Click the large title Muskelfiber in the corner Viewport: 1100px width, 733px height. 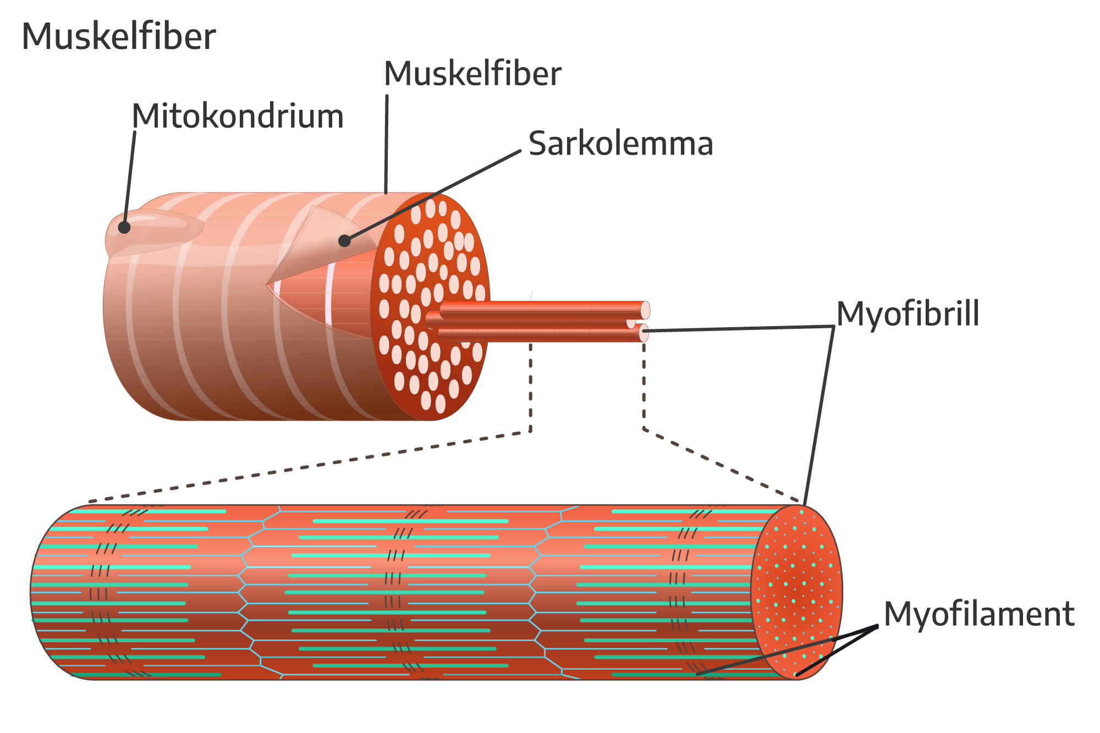coord(118,37)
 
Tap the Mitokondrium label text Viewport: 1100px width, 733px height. coord(238,117)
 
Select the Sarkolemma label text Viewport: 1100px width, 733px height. coord(620,144)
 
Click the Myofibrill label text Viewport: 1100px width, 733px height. coord(908,314)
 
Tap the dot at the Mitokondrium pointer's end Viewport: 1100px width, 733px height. coord(124,227)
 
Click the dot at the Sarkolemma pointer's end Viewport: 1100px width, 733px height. coord(344,240)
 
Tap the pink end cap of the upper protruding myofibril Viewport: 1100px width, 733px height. coord(645,310)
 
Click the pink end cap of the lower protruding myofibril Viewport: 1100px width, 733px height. coord(643,333)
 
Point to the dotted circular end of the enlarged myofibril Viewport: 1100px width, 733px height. coord(796,592)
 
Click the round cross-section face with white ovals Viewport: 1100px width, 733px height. coord(429,308)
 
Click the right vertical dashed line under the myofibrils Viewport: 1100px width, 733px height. coord(644,385)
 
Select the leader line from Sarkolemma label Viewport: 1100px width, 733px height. coord(435,195)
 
